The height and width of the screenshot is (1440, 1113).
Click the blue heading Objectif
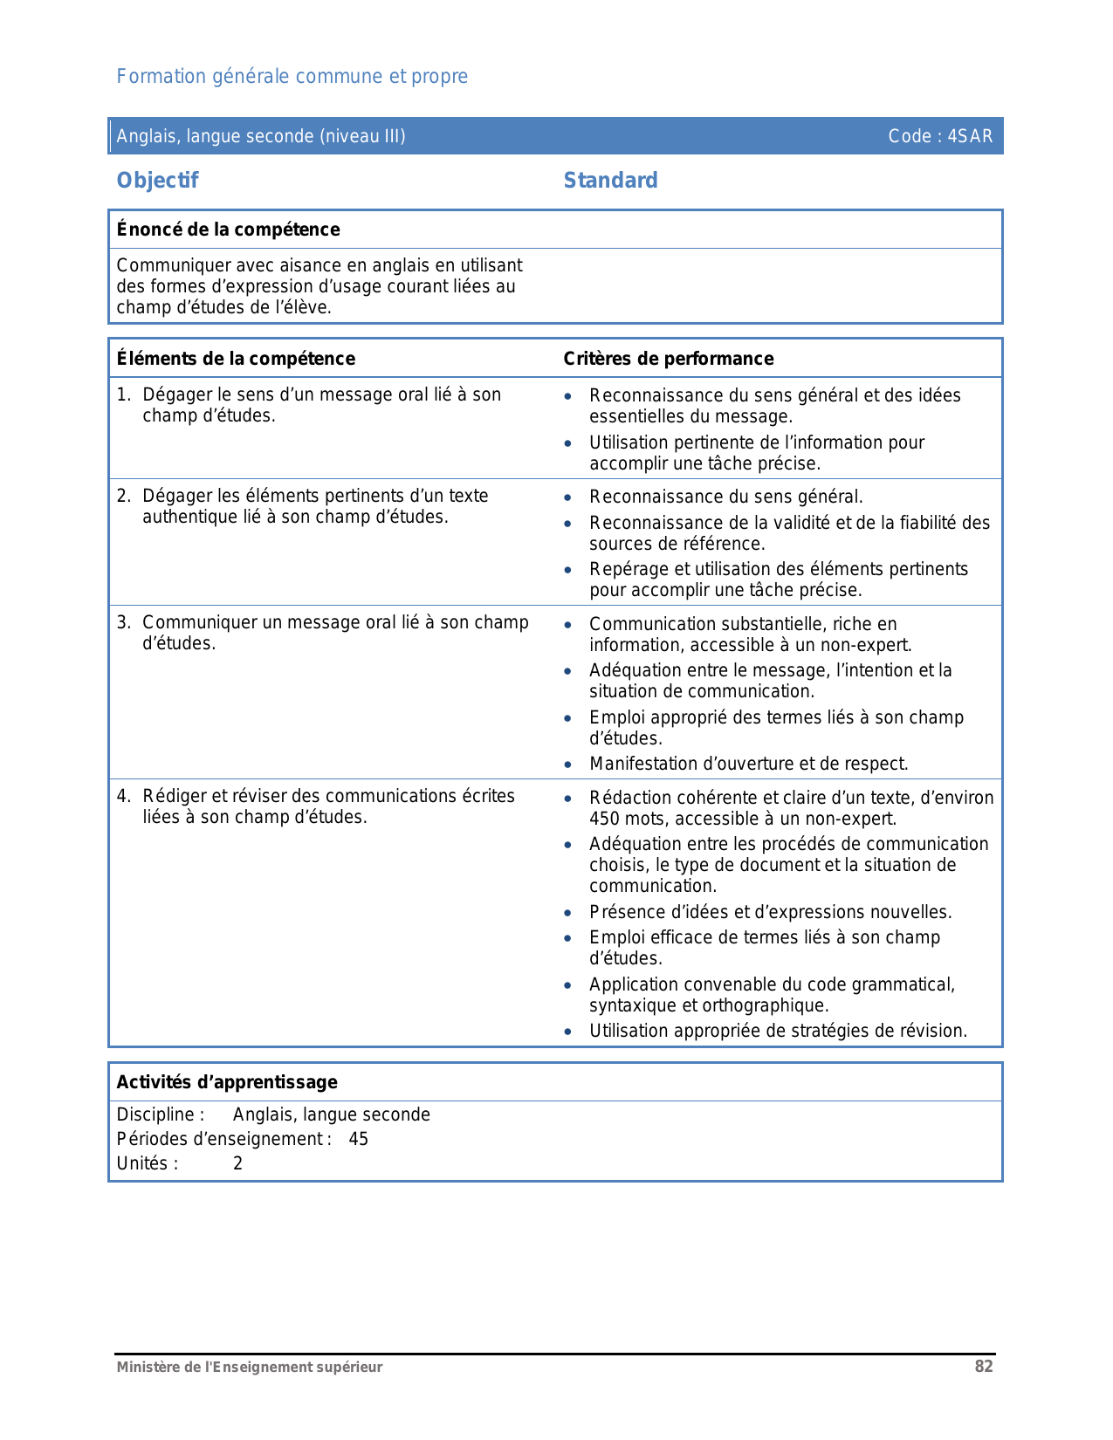[x=157, y=181]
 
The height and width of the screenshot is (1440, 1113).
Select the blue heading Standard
[x=610, y=181]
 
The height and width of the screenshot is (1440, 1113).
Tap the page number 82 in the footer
[x=984, y=1367]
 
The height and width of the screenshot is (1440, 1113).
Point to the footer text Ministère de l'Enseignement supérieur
[x=250, y=1368]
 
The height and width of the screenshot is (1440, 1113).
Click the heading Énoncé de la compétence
[x=228, y=230]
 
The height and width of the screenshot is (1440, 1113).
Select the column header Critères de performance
[x=668, y=359]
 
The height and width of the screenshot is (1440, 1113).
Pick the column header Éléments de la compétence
[x=236, y=359]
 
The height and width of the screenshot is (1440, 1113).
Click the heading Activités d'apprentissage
[x=227, y=1082]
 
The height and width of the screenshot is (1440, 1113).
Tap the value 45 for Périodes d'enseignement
[x=358, y=1139]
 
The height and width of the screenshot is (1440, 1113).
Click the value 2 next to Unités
[x=237, y=1163]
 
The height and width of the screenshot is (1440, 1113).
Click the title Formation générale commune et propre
[x=292, y=77]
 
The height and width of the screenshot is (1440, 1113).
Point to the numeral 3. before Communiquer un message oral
[x=123, y=622]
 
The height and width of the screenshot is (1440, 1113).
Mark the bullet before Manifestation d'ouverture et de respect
[x=568, y=765]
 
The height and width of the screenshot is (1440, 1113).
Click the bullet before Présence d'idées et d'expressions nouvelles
[x=568, y=913]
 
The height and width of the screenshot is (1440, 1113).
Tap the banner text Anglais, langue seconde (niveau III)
[x=261, y=136]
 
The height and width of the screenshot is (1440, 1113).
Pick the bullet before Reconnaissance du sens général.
[x=568, y=497]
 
